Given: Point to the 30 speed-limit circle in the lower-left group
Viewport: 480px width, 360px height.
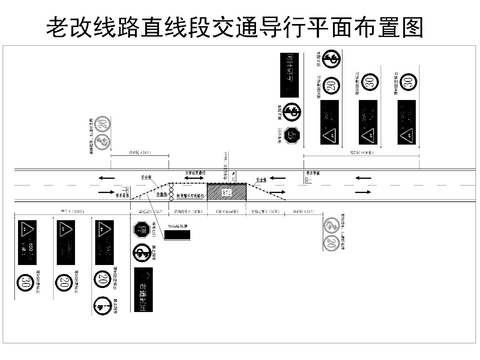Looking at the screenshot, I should tap(24, 283).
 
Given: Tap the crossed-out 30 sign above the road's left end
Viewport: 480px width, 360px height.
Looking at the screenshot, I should tap(104, 126).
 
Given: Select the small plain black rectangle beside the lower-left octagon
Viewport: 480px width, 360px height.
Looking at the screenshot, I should tap(177, 236).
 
